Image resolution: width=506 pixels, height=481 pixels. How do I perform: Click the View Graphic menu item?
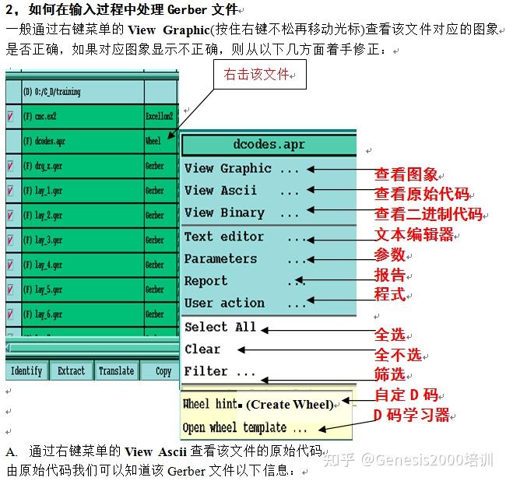pos(227,168)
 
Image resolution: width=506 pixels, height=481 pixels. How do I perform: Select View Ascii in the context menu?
pos(220,191)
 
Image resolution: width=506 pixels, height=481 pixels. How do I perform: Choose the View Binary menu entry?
pos(224,212)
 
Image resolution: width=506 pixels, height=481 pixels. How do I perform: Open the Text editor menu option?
pos(224,236)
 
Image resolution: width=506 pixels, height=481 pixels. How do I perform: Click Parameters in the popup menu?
pos(220,258)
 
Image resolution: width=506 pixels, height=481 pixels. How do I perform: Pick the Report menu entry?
pos(206,281)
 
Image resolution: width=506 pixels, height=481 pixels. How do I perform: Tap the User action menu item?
pos(224,303)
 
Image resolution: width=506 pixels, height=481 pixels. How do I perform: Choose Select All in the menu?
pos(220,327)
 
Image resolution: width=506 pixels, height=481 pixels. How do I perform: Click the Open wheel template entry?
pos(244,427)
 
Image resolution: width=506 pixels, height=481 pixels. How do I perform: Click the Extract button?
pos(71,371)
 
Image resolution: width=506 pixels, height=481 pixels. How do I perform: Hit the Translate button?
pos(116,371)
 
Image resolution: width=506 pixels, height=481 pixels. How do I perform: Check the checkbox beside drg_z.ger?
pos(11,166)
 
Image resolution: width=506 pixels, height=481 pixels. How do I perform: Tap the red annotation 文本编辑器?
pos(414,234)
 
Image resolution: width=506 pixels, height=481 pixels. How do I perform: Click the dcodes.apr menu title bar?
pos(269,144)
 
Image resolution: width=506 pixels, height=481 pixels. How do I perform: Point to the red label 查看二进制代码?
pos(428,214)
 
